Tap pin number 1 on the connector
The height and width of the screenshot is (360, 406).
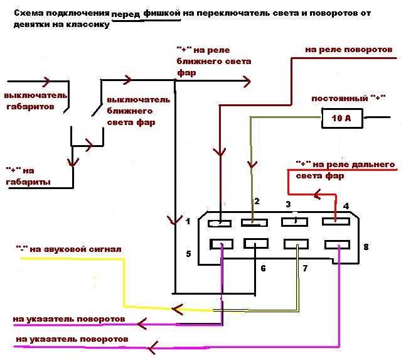187,221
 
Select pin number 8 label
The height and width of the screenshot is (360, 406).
366,248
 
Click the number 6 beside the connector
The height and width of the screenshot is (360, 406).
262,268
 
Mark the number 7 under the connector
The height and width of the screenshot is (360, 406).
306,268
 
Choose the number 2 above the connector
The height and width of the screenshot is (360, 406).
256,201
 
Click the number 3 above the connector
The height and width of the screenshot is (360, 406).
288,204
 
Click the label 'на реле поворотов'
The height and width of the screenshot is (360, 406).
348,49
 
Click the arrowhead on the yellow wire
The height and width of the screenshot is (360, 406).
178,308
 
